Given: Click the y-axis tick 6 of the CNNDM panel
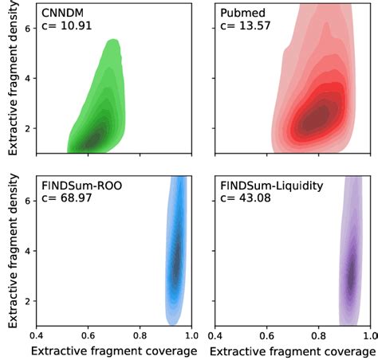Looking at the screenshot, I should tap(26, 29).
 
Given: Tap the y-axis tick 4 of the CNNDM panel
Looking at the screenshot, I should tap(26, 79).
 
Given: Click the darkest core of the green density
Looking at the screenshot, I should tap(93, 138).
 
